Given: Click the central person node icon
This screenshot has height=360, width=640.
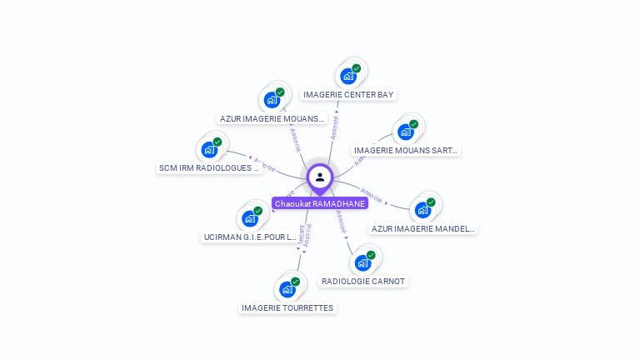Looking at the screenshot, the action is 320,177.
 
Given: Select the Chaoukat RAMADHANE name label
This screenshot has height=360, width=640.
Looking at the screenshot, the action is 320,203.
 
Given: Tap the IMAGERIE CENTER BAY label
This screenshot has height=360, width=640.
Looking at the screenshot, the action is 348,95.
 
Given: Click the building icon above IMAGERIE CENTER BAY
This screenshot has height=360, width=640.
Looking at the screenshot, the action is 348,76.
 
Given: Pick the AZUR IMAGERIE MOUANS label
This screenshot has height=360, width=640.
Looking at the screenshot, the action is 272,119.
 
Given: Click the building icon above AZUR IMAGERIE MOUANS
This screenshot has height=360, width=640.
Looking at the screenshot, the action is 272,100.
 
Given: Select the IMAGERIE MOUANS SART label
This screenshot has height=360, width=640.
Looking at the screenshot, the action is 406,151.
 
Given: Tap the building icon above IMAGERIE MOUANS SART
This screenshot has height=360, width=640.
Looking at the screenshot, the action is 406,132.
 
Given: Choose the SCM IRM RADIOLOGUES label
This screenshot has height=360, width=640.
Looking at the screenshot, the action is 209,168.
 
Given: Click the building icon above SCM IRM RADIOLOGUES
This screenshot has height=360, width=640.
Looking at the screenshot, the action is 209,150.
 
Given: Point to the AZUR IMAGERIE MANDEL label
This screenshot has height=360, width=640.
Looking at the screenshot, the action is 423,228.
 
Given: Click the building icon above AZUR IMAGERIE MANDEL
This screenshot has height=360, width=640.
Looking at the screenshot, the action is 422,210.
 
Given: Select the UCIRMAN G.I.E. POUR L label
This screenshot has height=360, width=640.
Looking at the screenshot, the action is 250,237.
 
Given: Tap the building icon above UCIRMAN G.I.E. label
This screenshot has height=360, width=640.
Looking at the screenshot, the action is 250,219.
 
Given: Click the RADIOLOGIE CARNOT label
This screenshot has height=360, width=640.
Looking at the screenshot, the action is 363,282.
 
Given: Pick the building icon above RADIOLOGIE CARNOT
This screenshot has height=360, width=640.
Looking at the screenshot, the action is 362,263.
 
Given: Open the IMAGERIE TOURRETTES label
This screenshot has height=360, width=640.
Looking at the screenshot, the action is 287,308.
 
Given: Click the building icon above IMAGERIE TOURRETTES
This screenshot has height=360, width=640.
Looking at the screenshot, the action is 287,289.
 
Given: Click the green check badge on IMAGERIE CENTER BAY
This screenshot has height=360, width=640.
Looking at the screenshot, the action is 357,68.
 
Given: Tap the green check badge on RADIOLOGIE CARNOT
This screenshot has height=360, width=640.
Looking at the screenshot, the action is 371,255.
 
